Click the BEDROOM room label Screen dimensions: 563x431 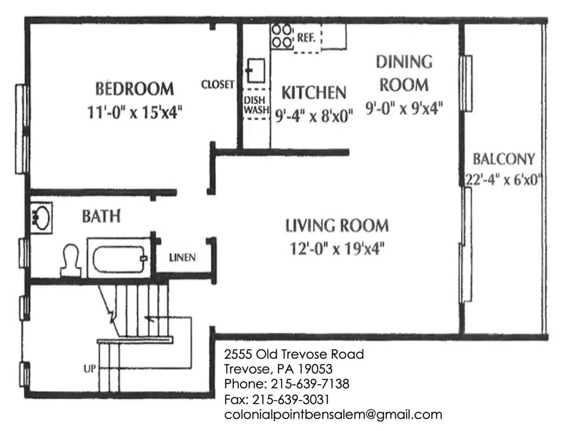(x=135, y=89)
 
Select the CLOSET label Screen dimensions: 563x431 (x=218, y=84)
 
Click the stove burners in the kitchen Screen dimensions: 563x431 (x=282, y=36)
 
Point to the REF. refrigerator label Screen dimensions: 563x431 (x=306, y=38)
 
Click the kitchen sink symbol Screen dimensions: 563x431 (x=255, y=70)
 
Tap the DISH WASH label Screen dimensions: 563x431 (x=256, y=105)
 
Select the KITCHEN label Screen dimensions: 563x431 (x=314, y=92)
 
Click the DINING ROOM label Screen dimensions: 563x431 (x=404, y=73)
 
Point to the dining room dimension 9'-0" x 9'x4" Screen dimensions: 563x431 (x=404, y=108)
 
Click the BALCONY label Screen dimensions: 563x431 (x=504, y=159)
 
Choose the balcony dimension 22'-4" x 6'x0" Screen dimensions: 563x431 (x=504, y=179)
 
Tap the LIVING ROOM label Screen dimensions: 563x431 (x=337, y=225)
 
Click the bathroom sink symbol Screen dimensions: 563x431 (x=41, y=218)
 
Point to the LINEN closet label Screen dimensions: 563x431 (x=182, y=258)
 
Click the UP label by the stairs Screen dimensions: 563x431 (x=90, y=369)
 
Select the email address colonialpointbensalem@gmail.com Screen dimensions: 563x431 (x=333, y=415)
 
